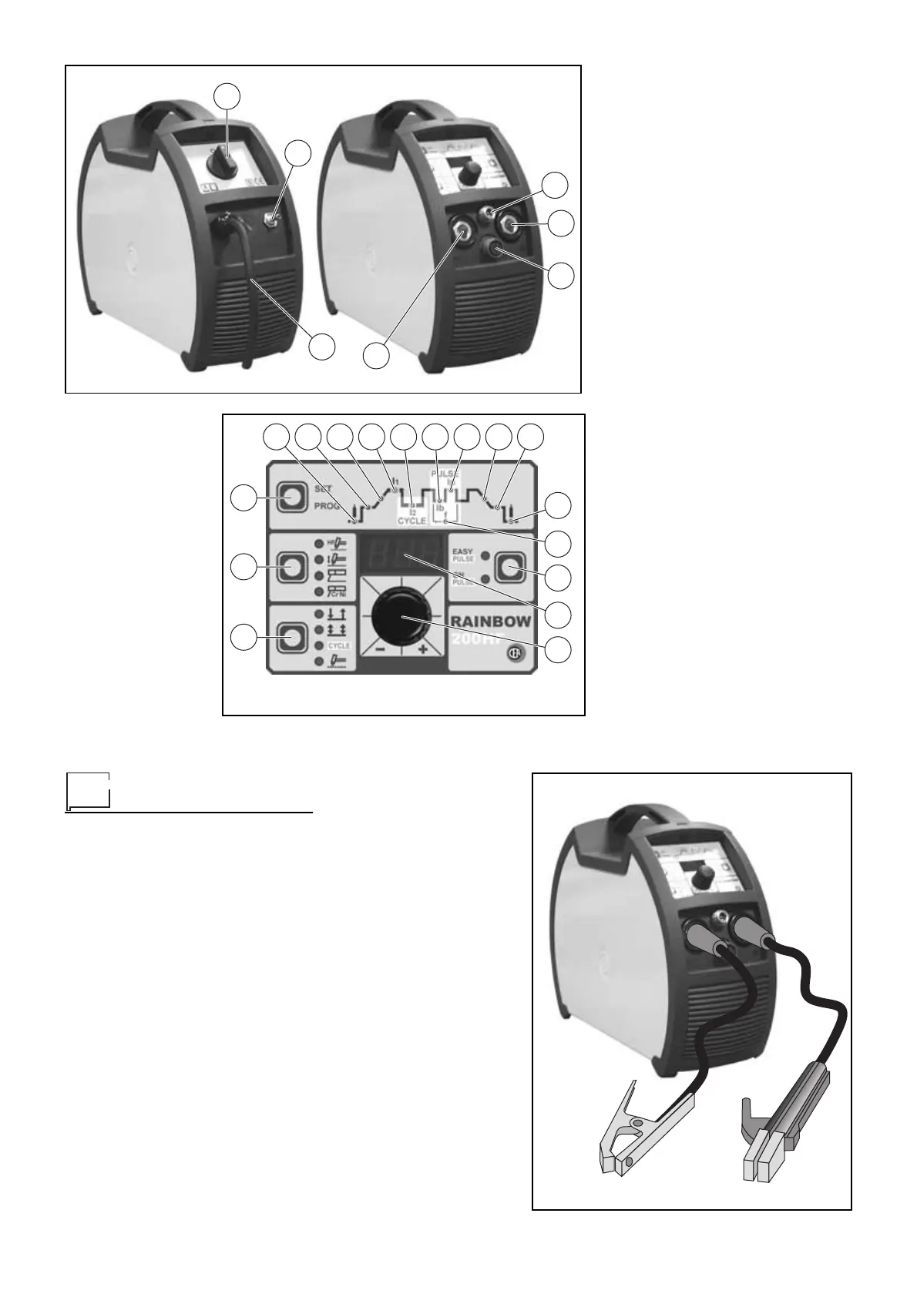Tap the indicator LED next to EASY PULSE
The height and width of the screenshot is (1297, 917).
(x=483, y=555)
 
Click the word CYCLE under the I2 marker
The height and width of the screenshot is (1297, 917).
(x=411, y=521)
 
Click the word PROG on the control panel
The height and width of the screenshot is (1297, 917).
(x=326, y=507)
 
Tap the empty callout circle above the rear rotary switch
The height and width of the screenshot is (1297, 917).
(x=226, y=96)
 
